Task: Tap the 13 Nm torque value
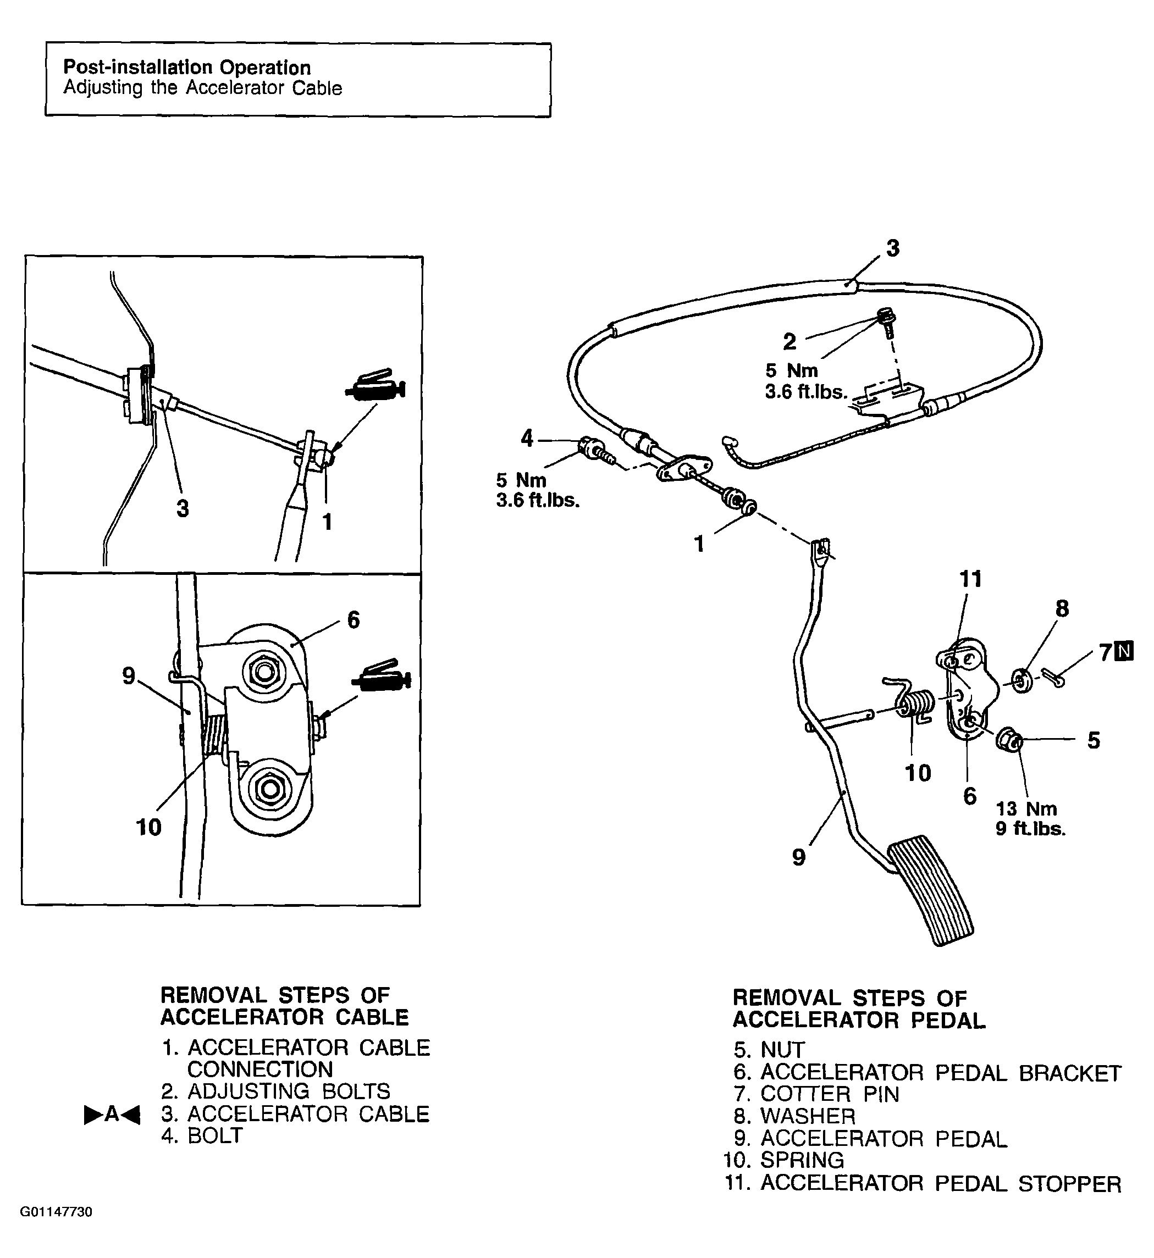pyautogui.click(x=1026, y=809)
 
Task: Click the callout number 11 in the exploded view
pyautogui.click(x=970, y=579)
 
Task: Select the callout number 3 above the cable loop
pyautogui.click(x=893, y=248)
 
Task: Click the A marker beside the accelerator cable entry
pyautogui.click(x=112, y=1114)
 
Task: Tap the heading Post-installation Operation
pyautogui.click(x=187, y=68)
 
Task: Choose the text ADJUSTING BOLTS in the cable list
pyautogui.click(x=289, y=1091)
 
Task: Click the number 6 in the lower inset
pyautogui.click(x=354, y=620)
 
